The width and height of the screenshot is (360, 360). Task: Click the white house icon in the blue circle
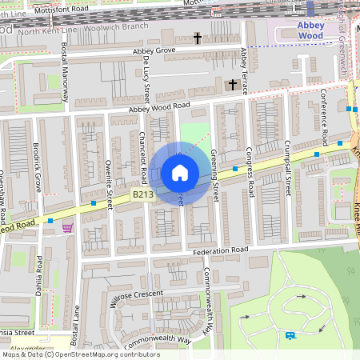click(x=180, y=173)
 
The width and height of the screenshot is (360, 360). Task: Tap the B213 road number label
click(x=142, y=194)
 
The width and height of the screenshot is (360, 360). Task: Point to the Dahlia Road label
click(x=39, y=274)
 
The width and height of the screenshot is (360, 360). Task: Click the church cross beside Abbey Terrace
click(x=233, y=84)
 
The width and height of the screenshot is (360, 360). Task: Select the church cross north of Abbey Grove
click(x=198, y=38)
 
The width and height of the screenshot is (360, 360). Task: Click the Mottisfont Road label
click(x=58, y=8)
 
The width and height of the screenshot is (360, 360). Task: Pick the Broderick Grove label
click(x=37, y=168)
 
